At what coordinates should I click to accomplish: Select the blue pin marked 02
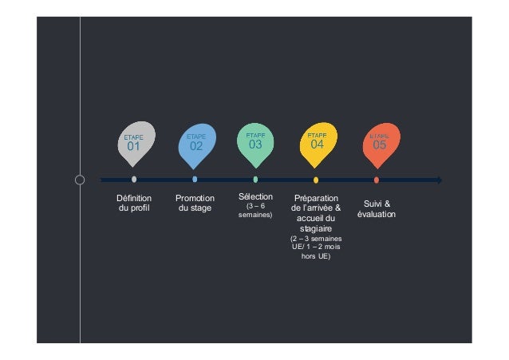(195, 144)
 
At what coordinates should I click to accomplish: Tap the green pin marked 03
(256, 142)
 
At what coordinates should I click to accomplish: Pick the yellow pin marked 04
(317, 142)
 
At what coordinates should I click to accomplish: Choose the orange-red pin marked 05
(379, 143)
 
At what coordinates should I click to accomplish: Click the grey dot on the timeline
(134, 180)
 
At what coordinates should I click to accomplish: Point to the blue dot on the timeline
(195, 180)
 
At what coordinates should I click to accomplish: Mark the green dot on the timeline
(255, 180)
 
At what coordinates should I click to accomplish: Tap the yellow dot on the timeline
(316, 180)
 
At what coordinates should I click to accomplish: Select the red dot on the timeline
(377, 180)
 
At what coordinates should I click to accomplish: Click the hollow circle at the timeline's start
(80, 180)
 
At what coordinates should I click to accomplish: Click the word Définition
(134, 198)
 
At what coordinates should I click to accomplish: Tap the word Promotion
(195, 198)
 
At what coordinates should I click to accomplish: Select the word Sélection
(255, 196)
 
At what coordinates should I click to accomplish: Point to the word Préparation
(316, 198)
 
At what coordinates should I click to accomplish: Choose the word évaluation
(377, 215)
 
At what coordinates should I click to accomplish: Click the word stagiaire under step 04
(316, 228)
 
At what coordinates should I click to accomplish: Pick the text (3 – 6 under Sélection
(255, 206)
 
